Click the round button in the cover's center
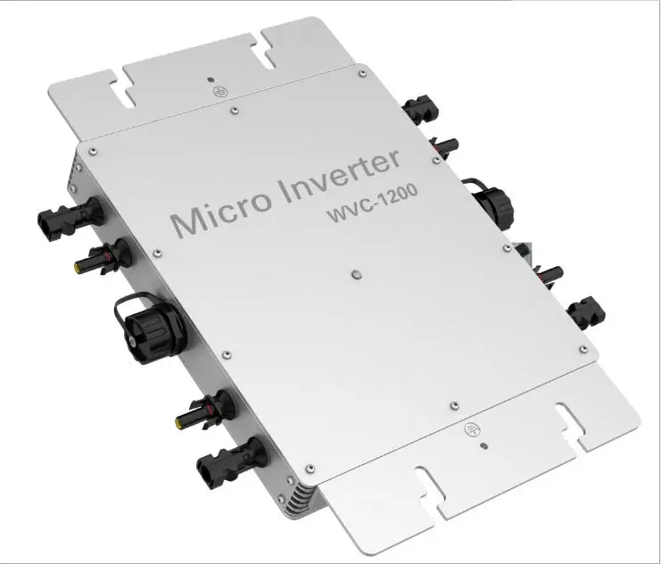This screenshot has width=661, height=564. tap(357, 275)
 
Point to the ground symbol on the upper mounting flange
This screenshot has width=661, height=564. tap(219, 91)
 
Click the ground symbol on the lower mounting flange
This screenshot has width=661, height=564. tap(470, 429)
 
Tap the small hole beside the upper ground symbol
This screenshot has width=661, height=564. tap(211, 79)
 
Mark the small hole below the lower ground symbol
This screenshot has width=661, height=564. tap(484, 445)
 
